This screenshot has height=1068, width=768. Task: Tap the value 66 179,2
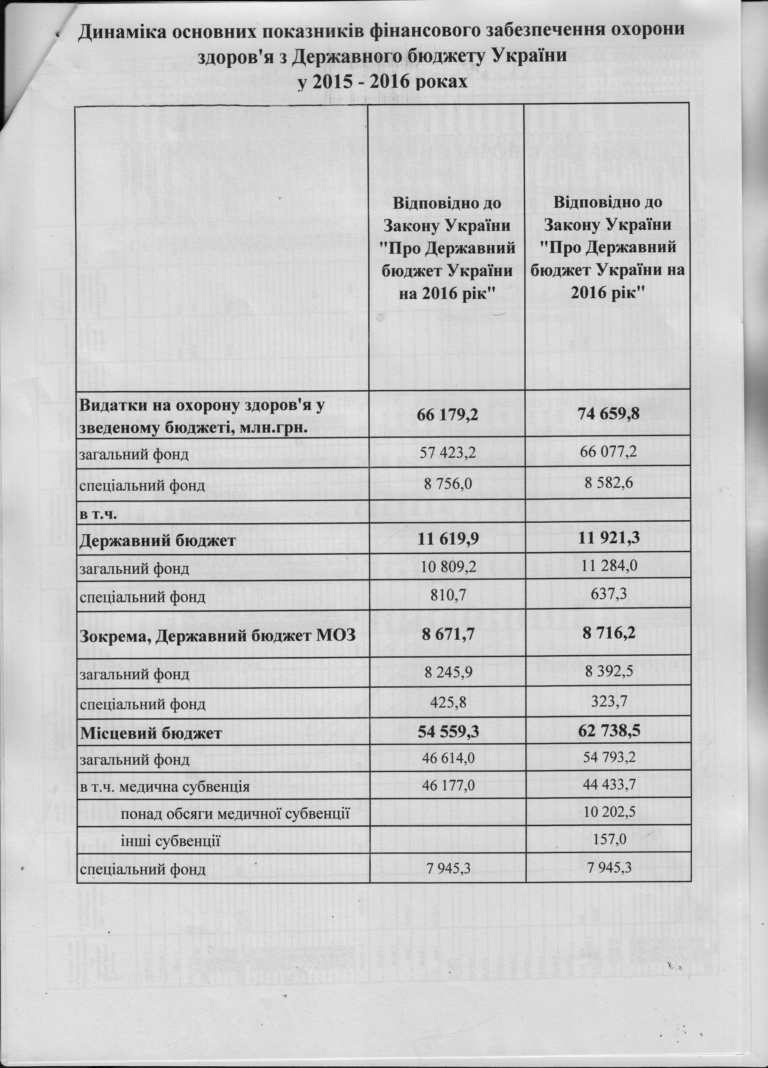[x=448, y=415]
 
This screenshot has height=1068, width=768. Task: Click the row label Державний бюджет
[x=157, y=540]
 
